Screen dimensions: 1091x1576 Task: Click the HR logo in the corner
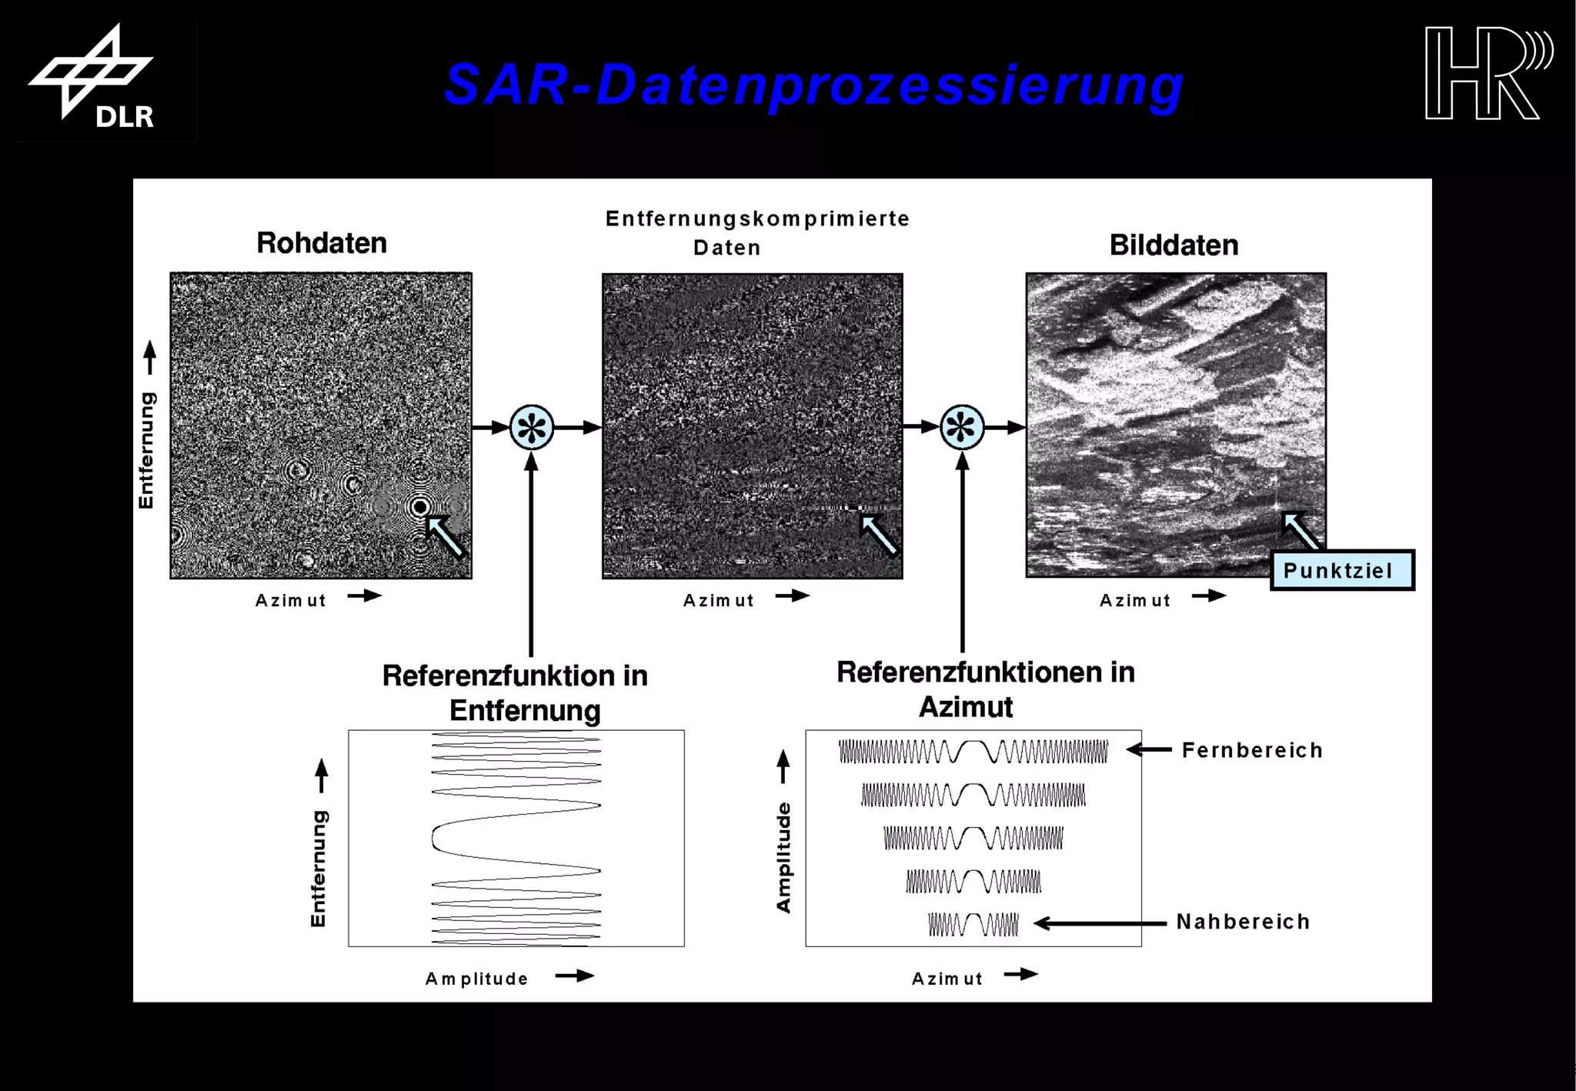point(1487,73)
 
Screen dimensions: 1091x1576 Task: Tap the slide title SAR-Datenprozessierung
point(813,85)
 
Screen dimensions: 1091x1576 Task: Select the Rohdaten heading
point(322,243)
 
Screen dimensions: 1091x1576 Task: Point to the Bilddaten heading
point(1174,245)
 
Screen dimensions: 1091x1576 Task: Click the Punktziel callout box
point(1341,571)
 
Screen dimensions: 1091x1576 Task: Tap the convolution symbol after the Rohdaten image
point(532,427)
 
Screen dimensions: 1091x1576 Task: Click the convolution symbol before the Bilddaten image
point(962,427)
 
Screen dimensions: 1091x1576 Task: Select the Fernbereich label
point(1252,750)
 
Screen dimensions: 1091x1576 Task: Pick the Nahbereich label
point(1243,922)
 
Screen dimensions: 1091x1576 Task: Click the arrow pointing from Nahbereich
point(1100,923)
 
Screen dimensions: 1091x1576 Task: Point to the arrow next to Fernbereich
point(1149,749)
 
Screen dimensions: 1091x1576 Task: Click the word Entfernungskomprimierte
point(757,219)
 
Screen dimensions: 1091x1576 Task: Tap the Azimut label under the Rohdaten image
point(291,600)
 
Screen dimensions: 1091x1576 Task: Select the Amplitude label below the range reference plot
point(477,979)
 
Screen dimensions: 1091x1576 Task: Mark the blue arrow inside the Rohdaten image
point(446,535)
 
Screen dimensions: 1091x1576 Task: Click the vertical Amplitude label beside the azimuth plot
point(783,857)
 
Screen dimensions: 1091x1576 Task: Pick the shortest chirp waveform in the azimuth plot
point(973,924)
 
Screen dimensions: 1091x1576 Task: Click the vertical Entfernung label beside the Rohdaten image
point(146,450)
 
